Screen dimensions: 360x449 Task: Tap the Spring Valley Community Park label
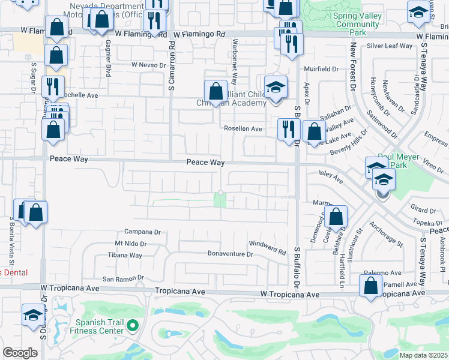[358, 20]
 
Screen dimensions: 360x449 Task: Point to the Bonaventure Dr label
[231, 254]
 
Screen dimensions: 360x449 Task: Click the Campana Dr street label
[143, 232]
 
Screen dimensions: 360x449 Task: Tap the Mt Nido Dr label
[131, 244]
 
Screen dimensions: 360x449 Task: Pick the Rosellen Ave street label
[243, 128]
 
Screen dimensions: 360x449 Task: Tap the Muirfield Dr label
[322, 69]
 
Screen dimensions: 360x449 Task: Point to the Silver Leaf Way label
[390, 46]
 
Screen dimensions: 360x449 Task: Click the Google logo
[20, 353]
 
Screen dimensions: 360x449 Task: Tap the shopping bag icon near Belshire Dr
[337, 217]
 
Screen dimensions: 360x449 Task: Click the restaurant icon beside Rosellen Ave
[289, 128]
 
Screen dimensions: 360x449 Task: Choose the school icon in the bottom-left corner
[33, 314]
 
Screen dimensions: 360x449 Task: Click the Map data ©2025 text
[423, 355]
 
